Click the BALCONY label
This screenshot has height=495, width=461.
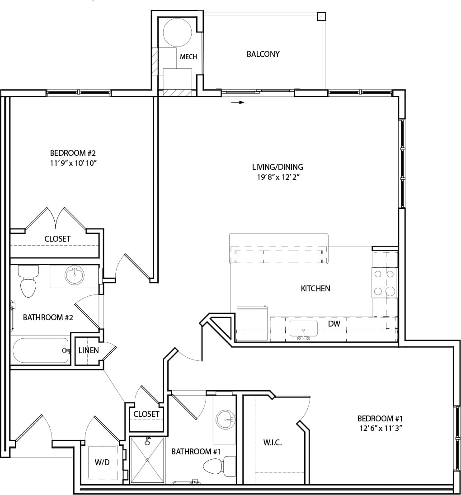[263, 54]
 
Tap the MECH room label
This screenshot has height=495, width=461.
[188, 57]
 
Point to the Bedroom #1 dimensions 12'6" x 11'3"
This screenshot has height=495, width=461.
[380, 428]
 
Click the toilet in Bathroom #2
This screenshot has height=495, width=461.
[28, 283]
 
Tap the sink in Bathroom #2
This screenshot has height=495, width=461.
[74, 275]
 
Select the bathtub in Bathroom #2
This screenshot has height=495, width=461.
[40, 351]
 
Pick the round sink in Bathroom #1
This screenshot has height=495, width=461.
[224, 420]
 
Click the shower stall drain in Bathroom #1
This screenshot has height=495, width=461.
[147, 460]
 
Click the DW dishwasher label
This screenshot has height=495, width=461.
[334, 323]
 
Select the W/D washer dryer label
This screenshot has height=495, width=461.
[101, 462]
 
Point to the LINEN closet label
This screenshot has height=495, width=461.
[88, 350]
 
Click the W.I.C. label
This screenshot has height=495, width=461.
[273, 443]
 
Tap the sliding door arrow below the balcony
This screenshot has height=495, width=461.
[238, 103]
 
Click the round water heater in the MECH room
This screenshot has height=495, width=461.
[177, 32]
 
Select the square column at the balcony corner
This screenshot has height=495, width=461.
[321, 16]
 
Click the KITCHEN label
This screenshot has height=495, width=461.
[315, 288]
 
